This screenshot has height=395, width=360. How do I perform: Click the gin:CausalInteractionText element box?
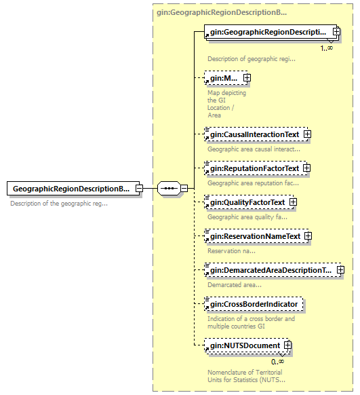[x=256, y=134]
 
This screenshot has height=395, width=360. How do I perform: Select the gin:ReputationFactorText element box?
[x=256, y=168]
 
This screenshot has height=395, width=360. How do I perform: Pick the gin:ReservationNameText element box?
[x=256, y=236]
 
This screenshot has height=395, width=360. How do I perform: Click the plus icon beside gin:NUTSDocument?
[x=288, y=345]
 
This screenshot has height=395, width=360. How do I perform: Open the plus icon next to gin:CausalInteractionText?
[x=307, y=134]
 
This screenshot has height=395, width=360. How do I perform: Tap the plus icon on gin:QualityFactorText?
[x=293, y=202]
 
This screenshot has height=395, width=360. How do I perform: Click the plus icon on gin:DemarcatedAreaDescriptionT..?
[x=340, y=270]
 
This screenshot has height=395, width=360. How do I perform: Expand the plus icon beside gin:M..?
[x=247, y=78]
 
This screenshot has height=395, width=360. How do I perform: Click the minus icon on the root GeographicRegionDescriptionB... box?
[x=139, y=188]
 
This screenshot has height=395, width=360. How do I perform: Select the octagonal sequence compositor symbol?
[x=169, y=188]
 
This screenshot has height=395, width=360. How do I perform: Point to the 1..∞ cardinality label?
[x=327, y=48]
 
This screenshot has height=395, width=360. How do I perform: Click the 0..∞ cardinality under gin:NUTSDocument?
[x=278, y=362]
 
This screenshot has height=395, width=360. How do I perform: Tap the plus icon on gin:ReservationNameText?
[x=308, y=236]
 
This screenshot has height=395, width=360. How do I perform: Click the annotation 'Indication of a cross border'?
[x=251, y=319]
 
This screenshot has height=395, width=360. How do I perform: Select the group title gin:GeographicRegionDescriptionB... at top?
[x=222, y=12]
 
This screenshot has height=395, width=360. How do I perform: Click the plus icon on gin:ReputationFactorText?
[x=306, y=168]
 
